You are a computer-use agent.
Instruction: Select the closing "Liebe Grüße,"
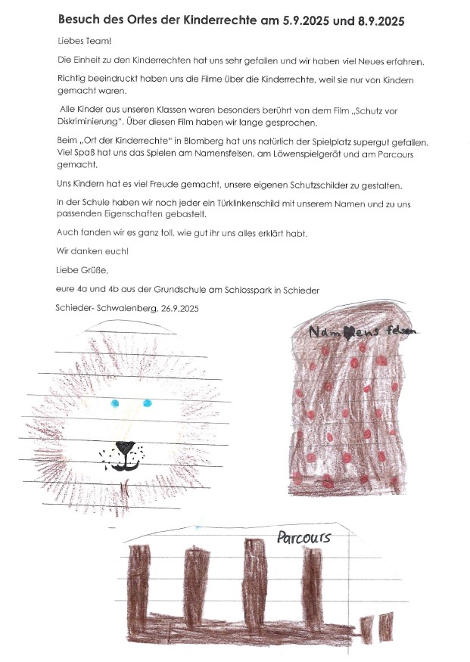pos(81,269)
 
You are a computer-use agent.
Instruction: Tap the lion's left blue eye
pos(115,402)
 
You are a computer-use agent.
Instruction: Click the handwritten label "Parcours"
pos(303,538)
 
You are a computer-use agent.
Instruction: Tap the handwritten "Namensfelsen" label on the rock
pos(363,331)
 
